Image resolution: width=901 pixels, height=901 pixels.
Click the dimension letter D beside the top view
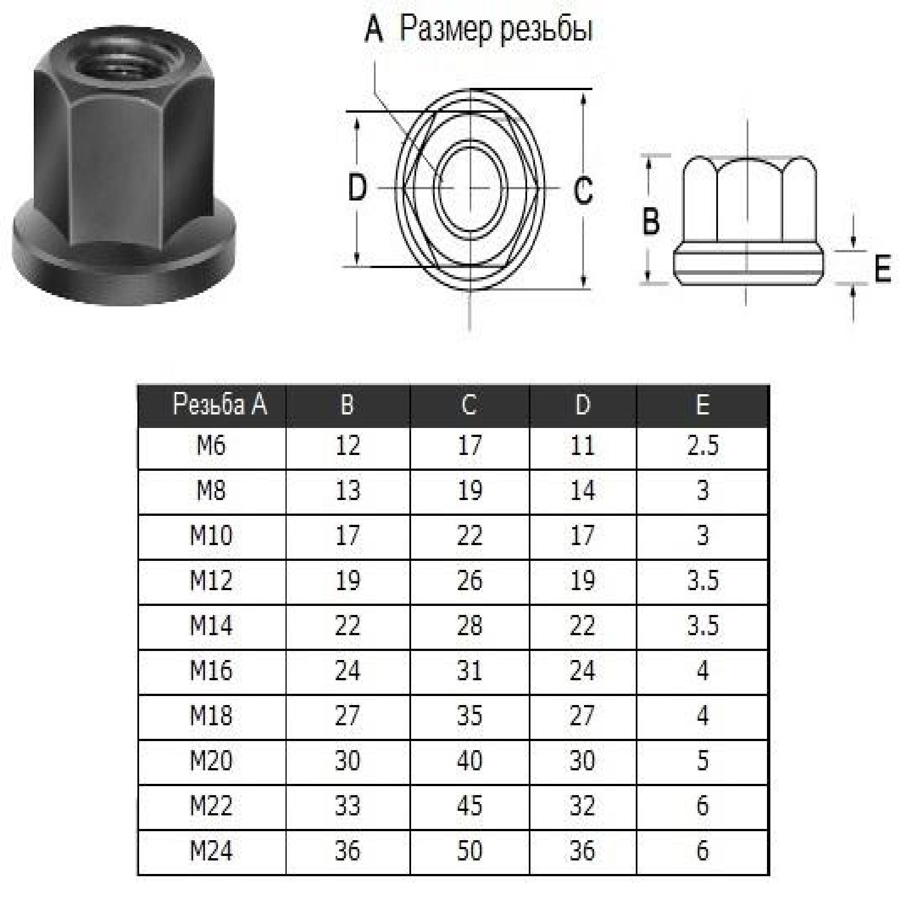[358, 188]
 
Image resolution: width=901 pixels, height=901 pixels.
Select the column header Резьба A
[220, 404]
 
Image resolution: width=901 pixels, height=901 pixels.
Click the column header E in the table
[702, 404]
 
